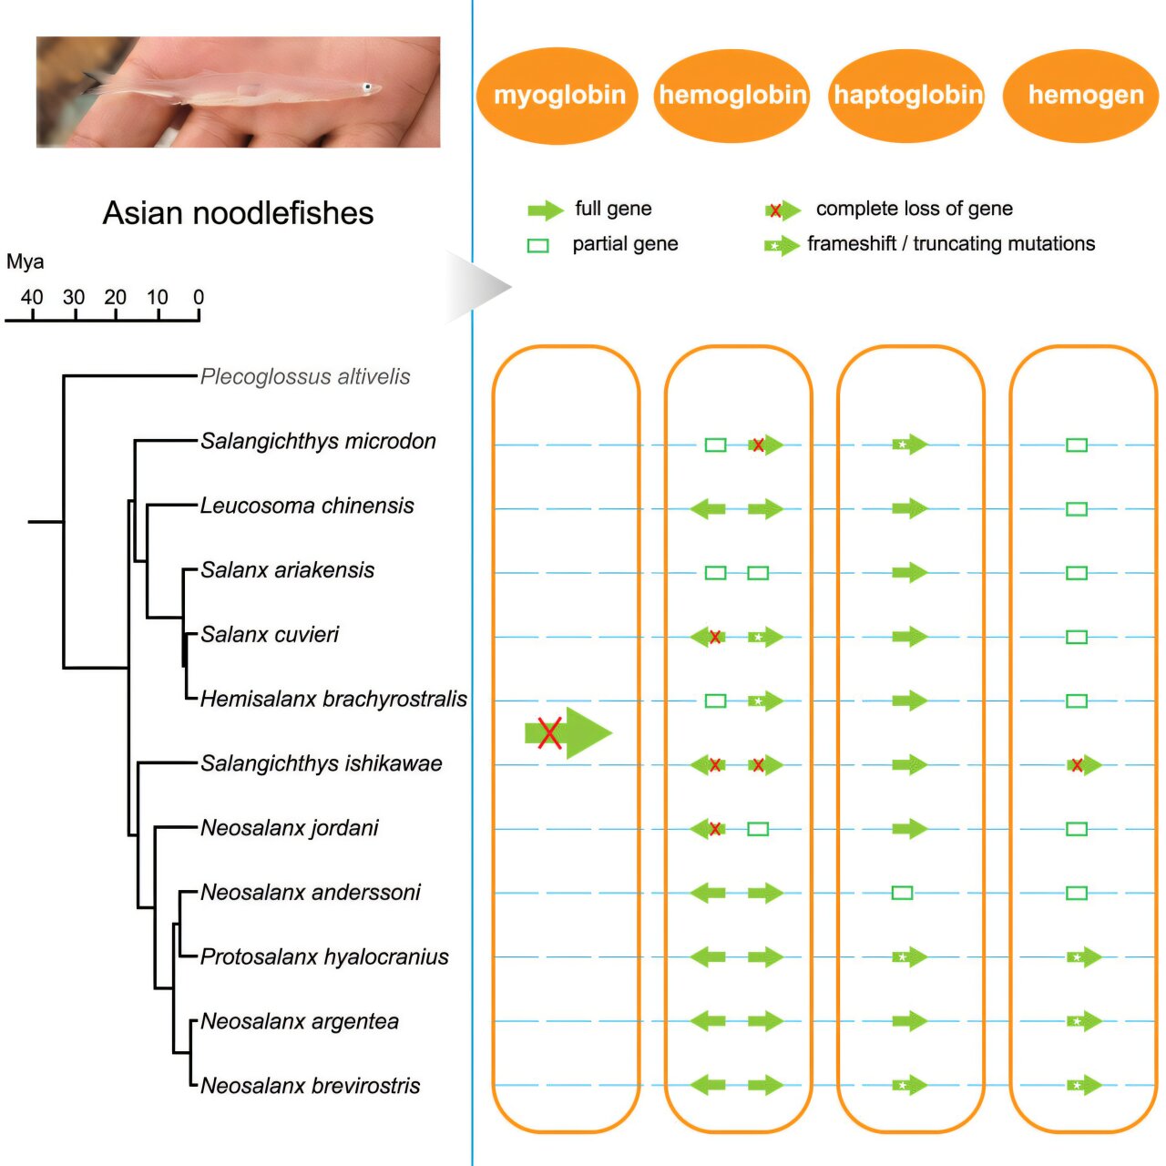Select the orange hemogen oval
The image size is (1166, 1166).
1081,96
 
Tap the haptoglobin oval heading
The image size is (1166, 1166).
907,96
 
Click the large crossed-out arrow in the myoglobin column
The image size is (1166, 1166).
567,732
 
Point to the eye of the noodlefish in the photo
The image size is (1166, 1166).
367,87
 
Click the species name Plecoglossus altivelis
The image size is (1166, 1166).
305,376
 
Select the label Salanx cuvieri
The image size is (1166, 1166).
270,634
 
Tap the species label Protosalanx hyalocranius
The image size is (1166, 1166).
324,956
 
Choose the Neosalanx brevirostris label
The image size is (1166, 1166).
311,1086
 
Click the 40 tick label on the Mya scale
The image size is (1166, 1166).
32,297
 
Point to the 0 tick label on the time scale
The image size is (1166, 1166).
199,297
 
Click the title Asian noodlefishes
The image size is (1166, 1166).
238,213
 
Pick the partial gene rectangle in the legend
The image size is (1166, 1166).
538,246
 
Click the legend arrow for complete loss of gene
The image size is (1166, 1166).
782,210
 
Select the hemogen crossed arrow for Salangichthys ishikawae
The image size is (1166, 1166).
1083,765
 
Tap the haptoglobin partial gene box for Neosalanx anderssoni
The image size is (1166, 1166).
902,893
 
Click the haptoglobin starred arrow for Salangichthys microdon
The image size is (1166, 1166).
908,445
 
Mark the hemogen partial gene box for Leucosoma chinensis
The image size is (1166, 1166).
1077,508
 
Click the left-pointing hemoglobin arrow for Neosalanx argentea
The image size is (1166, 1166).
708,1021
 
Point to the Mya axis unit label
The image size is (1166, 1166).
25,262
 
